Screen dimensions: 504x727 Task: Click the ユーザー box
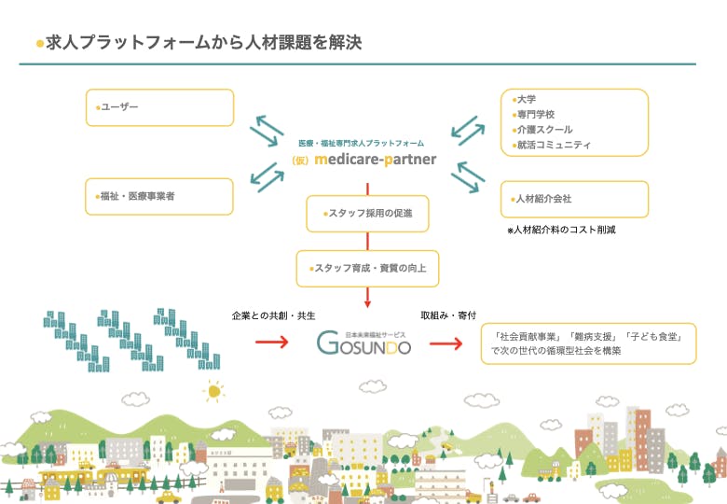[x=159, y=107]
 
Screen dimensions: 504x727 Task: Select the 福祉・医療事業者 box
[x=159, y=197]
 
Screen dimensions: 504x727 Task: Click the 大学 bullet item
[x=528, y=99]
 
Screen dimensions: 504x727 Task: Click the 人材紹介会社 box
[x=574, y=199]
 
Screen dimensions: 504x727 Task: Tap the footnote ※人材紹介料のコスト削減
[x=562, y=230]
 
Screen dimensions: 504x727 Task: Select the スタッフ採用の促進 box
[x=368, y=214]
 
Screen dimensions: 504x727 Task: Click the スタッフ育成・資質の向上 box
[x=368, y=268]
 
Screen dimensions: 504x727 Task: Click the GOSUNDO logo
[x=363, y=343]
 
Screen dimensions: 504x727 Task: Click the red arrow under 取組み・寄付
[x=445, y=343]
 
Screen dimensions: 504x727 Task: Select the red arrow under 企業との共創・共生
[x=273, y=343]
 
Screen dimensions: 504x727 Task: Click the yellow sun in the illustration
[x=215, y=392]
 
